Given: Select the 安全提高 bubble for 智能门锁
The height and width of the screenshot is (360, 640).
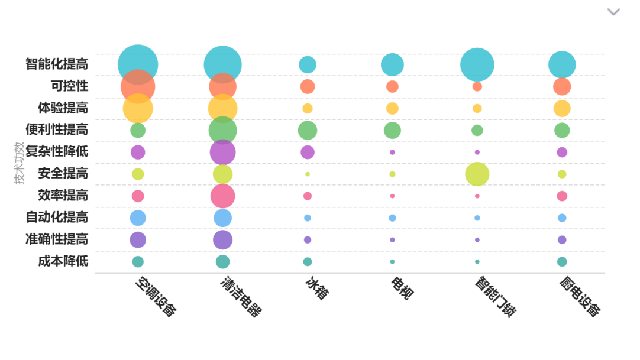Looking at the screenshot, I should (x=477, y=174).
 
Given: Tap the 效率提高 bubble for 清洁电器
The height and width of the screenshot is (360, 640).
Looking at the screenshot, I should (x=222, y=196).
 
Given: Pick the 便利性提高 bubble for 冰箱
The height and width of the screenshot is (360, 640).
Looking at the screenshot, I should (x=308, y=130).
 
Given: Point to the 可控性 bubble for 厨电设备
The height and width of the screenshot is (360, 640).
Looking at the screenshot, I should (x=562, y=86).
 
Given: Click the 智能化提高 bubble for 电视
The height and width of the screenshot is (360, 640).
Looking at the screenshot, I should (x=392, y=64).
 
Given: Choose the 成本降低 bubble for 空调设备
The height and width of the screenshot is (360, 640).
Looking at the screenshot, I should (x=138, y=261).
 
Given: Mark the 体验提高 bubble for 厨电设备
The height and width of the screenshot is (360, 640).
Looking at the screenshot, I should (x=562, y=108).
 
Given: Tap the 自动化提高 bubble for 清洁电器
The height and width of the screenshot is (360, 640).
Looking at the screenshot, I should (x=222, y=218).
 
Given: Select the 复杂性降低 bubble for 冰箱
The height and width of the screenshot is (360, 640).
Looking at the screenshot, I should (x=308, y=152).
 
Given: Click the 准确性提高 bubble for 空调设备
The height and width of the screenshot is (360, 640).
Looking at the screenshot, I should (x=138, y=239).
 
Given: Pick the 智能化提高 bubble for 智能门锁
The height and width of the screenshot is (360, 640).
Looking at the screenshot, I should (x=477, y=64).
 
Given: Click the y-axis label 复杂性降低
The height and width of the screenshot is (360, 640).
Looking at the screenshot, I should (x=57, y=151).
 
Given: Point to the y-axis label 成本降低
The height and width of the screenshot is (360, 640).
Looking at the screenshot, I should (x=63, y=261).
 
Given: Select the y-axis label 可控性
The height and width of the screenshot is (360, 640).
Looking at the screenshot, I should (x=69, y=86).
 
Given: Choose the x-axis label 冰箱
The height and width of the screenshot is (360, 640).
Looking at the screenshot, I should (x=316, y=288).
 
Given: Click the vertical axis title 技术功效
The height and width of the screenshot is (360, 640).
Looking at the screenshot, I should (x=20, y=163).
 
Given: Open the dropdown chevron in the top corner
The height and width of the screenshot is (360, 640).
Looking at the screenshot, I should (x=613, y=12).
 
